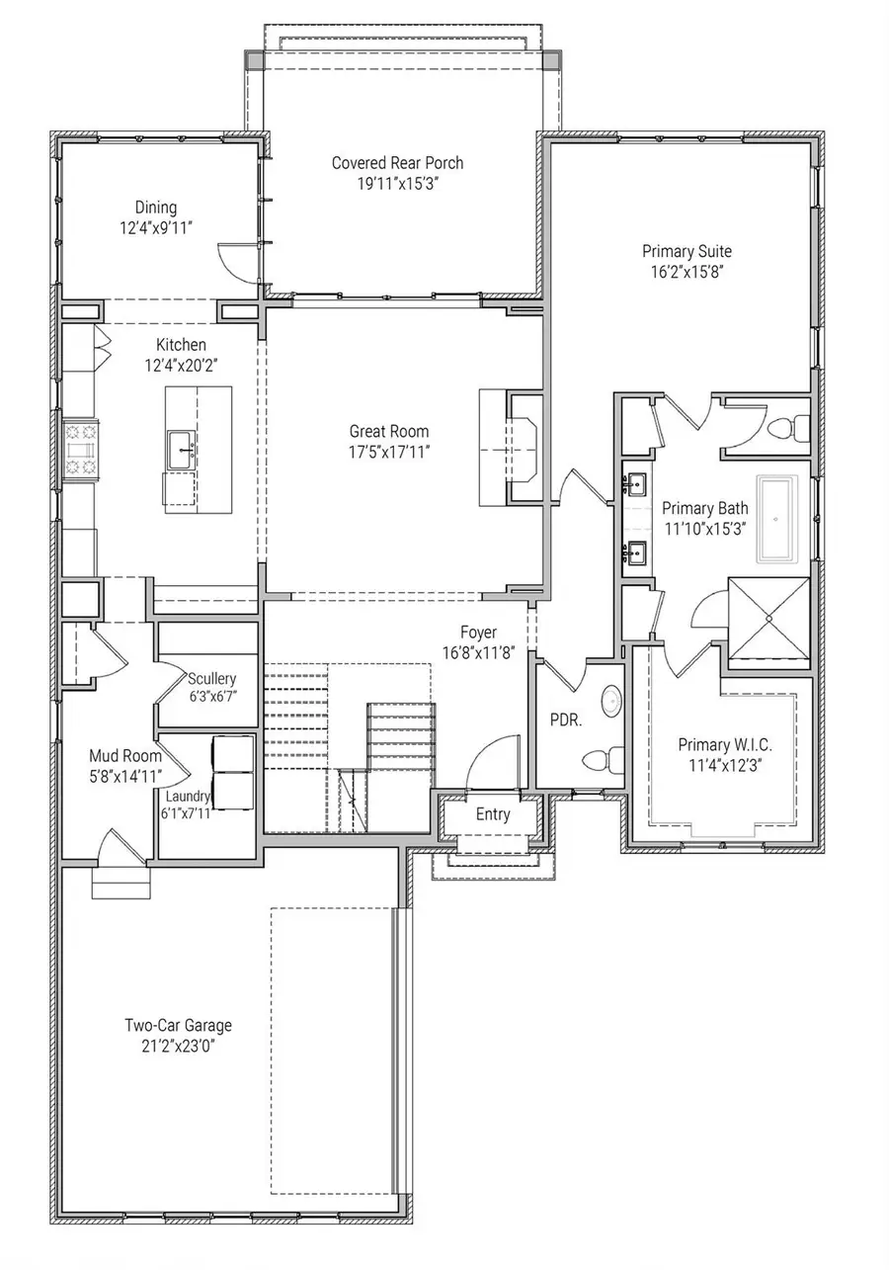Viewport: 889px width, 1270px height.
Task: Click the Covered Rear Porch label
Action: [x=397, y=163]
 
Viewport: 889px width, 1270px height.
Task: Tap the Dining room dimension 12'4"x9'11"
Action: [x=156, y=227]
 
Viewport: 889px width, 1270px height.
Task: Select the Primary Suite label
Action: [x=687, y=251]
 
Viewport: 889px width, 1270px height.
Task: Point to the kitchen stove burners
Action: [x=78, y=450]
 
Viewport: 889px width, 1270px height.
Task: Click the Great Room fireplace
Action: [x=523, y=448]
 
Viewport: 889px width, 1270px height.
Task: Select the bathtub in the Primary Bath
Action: [x=783, y=520]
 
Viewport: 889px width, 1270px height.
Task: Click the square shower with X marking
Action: [x=768, y=618]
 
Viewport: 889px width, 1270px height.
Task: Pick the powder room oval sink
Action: [x=611, y=702]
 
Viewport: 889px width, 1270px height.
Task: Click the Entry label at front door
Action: [x=493, y=814]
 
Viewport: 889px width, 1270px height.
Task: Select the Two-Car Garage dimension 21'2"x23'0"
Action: [x=178, y=1046]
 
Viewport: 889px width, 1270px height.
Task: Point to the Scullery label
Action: [x=212, y=678]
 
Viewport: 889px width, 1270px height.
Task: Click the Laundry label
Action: [x=188, y=796]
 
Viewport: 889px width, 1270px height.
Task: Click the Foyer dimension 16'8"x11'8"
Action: [x=478, y=652]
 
